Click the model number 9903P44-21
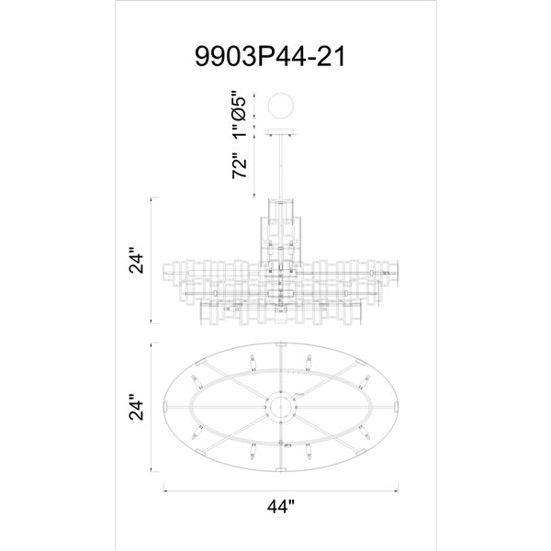[275, 58]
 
